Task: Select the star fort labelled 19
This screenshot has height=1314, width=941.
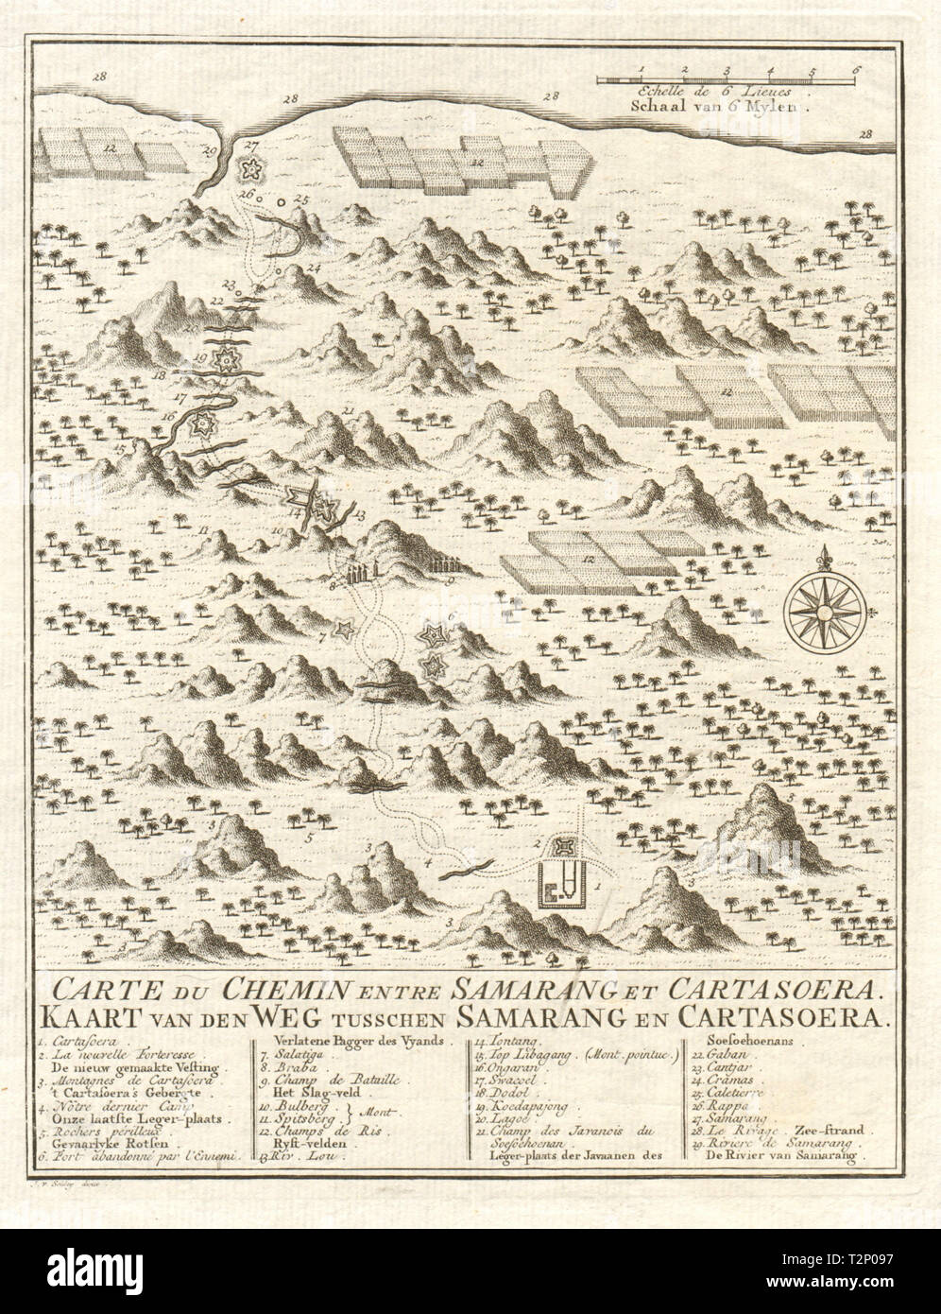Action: tap(226, 359)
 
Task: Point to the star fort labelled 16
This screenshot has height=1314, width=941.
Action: tap(200, 426)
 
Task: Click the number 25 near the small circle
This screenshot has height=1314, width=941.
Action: tap(301, 199)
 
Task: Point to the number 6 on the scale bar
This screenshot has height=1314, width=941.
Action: tap(855, 69)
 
